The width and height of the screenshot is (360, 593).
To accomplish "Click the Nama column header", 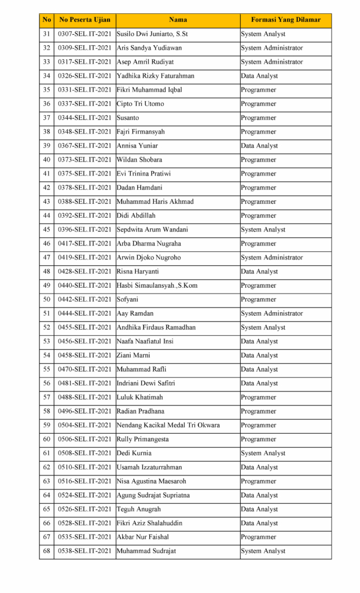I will tap(178, 20).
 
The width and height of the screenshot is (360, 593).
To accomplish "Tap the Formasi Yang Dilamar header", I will tap(285, 20).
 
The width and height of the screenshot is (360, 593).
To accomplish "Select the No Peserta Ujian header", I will tap(85, 20).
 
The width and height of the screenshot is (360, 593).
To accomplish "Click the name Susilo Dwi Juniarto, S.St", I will tap(152, 34).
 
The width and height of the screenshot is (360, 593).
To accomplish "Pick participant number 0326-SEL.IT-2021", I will tap(85, 76).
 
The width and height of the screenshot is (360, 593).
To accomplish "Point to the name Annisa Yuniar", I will tap(137, 146).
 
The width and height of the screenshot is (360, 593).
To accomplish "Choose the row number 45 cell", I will tap(47, 229).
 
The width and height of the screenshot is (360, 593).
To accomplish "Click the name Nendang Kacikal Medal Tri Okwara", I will tap(168, 425).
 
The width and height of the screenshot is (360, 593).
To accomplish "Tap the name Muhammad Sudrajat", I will tap(146, 551).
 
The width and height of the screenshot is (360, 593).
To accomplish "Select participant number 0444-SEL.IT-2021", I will tap(85, 313).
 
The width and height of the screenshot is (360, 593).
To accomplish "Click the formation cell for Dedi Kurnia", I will tap(263, 453).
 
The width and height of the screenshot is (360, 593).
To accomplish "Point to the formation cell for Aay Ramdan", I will tap(272, 313).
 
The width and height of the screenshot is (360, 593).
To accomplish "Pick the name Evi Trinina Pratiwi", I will tap(144, 174).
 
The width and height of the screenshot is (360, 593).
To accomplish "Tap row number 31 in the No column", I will tap(47, 34).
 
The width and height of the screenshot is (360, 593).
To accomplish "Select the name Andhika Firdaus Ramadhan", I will tap(156, 327).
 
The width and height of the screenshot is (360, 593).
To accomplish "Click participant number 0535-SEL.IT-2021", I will tap(85, 537).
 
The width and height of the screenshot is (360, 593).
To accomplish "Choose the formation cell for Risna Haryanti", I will tap(259, 272).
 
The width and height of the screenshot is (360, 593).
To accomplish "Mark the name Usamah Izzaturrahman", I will tap(149, 467).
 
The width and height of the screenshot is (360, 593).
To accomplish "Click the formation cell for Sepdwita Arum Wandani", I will tap(263, 229).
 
